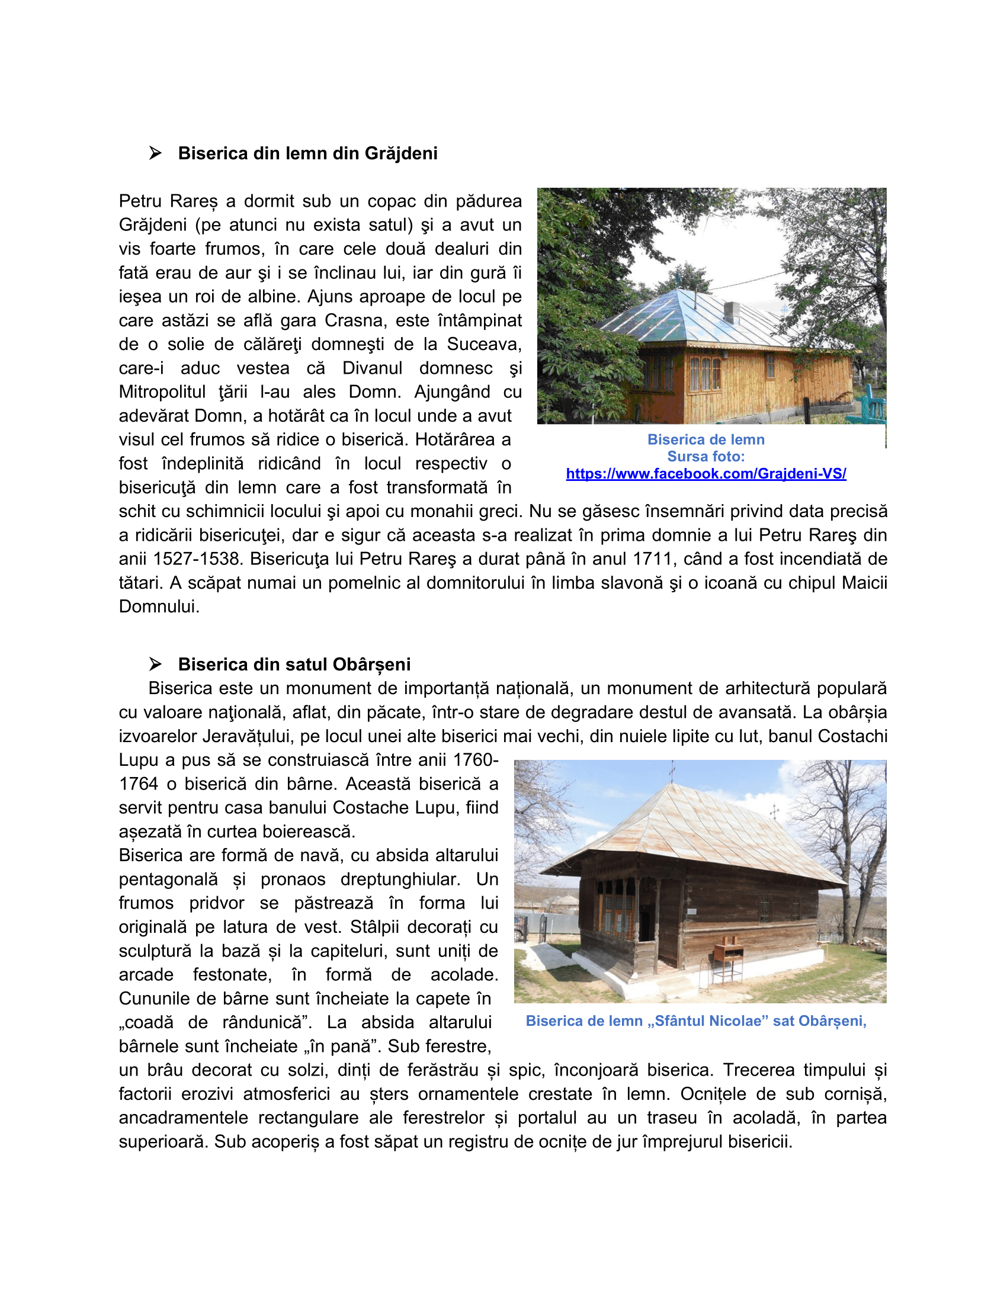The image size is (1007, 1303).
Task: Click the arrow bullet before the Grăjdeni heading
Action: (x=155, y=153)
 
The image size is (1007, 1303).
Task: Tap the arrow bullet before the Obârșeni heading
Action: (x=155, y=664)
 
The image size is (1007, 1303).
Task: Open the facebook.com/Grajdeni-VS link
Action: (x=705, y=474)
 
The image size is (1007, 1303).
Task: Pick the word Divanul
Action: (x=372, y=368)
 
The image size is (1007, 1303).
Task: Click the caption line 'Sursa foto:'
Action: (x=705, y=457)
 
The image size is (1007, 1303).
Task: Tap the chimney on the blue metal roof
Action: (x=732, y=312)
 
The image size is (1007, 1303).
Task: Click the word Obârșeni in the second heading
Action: (x=371, y=664)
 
